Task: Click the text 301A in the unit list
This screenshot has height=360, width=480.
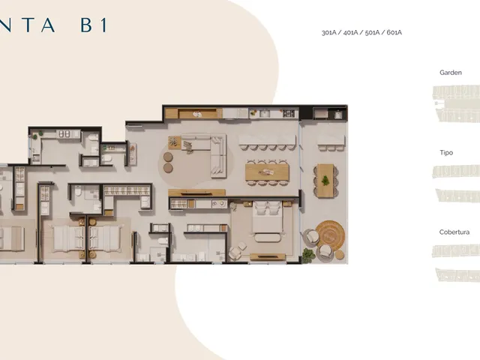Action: [x=329, y=32]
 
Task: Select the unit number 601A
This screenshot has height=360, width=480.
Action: [x=394, y=32]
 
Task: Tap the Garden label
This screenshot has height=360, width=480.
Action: [x=451, y=73]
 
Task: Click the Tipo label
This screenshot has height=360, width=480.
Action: [x=446, y=152]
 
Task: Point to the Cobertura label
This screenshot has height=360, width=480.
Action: [x=454, y=232]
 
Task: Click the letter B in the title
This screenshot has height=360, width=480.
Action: [x=87, y=25]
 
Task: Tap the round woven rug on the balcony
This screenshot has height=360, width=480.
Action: [x=330, y=235]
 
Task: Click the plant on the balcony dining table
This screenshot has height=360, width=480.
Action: [x=325, y=181]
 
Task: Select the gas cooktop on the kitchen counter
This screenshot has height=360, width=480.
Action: [x=288, y=113]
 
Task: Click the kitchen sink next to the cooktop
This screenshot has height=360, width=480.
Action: [x=264, y=114]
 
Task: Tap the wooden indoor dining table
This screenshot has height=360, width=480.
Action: [x=267, y=172]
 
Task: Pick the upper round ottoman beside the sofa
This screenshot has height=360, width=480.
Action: [x=168, y=157]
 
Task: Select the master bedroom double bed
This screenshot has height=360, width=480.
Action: [x=268, y=218]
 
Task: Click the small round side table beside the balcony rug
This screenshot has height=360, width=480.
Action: [x=339, y=255]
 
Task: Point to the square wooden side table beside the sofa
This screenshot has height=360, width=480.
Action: [x=175, y=142]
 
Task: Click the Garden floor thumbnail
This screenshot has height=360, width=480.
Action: [x=456, y=104]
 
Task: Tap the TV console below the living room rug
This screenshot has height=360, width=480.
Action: [x=196, y=193]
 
